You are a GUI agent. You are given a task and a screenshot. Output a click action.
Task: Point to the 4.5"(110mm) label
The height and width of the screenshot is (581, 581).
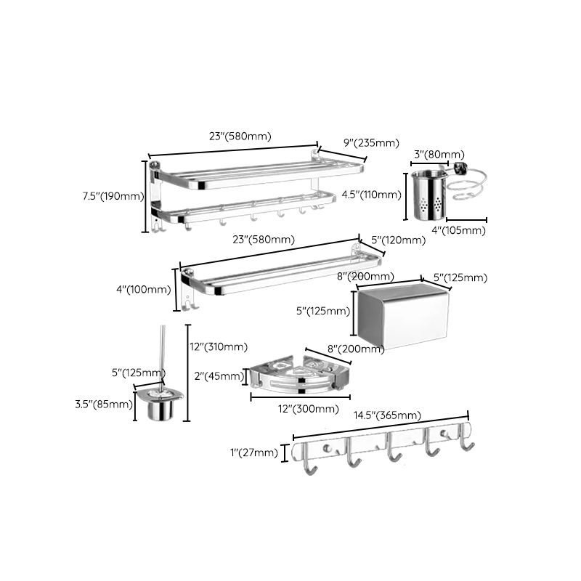[x=371, y=194]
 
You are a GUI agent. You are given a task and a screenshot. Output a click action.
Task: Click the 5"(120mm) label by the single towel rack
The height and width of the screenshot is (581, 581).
[x=398, y=240]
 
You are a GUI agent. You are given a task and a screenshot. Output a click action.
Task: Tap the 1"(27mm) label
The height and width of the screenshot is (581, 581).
[x=253, y=452]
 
